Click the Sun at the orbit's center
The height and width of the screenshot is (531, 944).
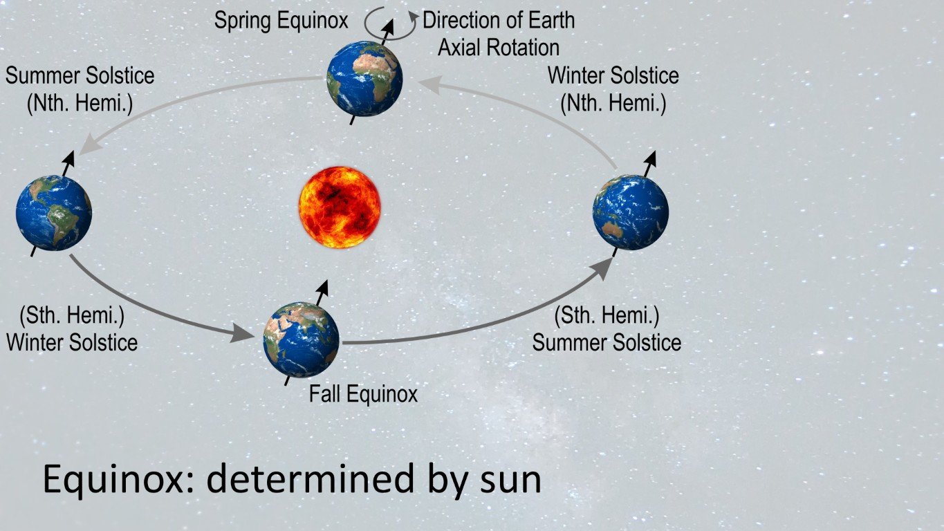(x=340, y=207)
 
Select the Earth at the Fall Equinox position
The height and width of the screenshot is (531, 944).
(x=301, y=339)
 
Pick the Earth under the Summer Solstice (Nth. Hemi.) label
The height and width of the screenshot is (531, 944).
(x=53, y=212)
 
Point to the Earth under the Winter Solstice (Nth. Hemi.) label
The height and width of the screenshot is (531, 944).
(x=631, y=212)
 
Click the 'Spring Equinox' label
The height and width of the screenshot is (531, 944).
(x=281, y=21)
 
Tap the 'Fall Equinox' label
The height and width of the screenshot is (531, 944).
(x=363, y=394)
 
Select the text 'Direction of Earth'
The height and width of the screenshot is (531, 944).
(x=499, y=20)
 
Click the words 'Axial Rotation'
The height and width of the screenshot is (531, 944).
(x=499, y=47)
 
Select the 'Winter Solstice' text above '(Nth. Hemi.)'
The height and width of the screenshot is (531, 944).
(x=613, y=75)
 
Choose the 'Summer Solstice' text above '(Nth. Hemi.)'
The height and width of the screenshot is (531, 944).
(x=80, y=75)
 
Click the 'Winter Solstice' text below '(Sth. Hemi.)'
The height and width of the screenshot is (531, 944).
(x=72, y=342)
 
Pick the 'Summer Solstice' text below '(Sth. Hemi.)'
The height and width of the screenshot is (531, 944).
(x=607, y=342)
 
